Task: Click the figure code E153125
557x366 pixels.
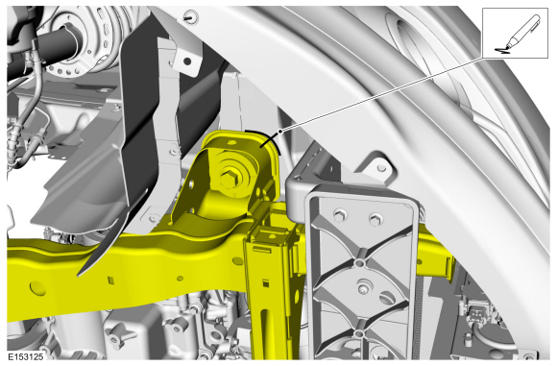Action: tap(26, 356)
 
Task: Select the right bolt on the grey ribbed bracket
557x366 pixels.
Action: tap(375, 218)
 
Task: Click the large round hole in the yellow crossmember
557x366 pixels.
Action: tap(36, 288)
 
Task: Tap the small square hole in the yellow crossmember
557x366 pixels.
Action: tap(111, 281)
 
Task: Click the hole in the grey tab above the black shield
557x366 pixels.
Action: tap(186, 61)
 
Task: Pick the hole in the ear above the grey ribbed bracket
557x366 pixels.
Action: tap(381, 167)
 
